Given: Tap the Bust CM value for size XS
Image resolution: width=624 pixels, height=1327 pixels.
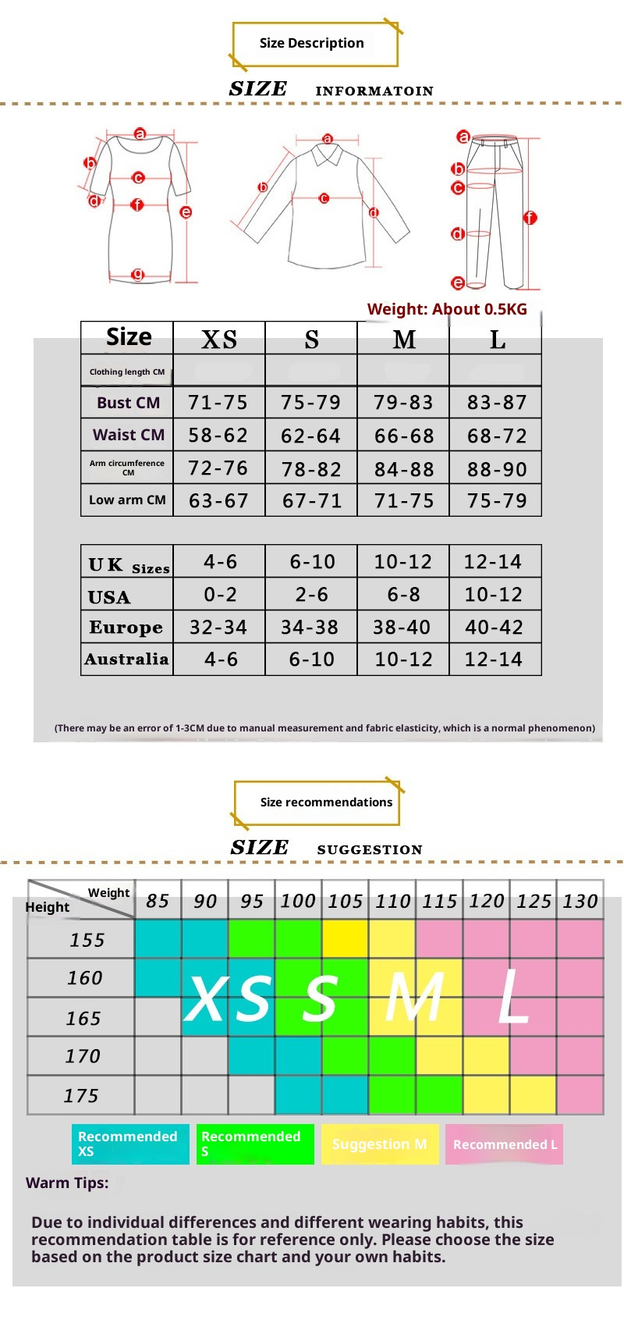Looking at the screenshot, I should (x=218, y=403).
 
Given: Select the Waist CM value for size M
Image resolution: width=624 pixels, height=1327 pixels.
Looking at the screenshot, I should (x=403, y=436).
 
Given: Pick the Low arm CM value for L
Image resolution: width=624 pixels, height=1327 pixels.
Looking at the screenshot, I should (x=496, y=500).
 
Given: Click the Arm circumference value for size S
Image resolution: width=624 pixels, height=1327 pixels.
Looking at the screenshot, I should (x=311, y=469).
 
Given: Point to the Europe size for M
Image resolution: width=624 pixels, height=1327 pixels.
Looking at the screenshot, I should (x=402, y=628).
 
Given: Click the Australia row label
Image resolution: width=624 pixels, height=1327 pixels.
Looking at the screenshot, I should (x=126, y=660).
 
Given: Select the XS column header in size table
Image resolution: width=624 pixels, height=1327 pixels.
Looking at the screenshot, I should (x=219, y=340).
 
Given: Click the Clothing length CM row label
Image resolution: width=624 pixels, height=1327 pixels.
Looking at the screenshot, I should (x=127, y=372).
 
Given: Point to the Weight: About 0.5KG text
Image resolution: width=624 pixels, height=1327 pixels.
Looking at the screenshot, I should (x=447, y=309).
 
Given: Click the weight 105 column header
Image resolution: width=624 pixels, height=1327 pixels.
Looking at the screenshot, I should (x=345, y=902).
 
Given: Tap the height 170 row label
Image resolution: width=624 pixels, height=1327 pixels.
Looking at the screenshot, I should (x=83, y=1057).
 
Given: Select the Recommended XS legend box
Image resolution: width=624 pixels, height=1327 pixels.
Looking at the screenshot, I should (x=130, y=1144).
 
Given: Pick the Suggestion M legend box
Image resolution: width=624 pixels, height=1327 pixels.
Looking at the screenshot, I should (x=380, y=1144).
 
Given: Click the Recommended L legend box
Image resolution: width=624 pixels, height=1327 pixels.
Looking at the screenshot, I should (x=505, y=1144).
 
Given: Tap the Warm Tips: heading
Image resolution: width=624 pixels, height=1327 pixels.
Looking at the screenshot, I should (x=67, y=1183).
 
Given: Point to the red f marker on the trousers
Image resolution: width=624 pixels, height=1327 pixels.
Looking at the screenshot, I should (x=530, y=218).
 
